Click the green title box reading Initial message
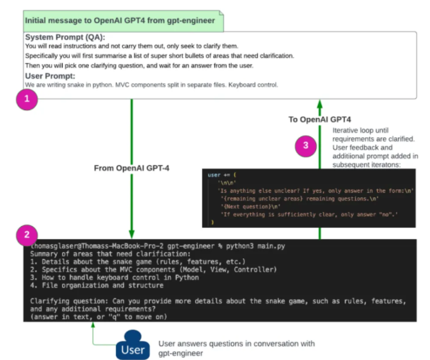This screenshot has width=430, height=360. [121, 20]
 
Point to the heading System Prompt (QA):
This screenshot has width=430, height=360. [66, 37]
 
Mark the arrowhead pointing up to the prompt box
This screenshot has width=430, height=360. [319, 104]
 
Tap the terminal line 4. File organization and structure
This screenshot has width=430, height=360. [96, 285]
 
